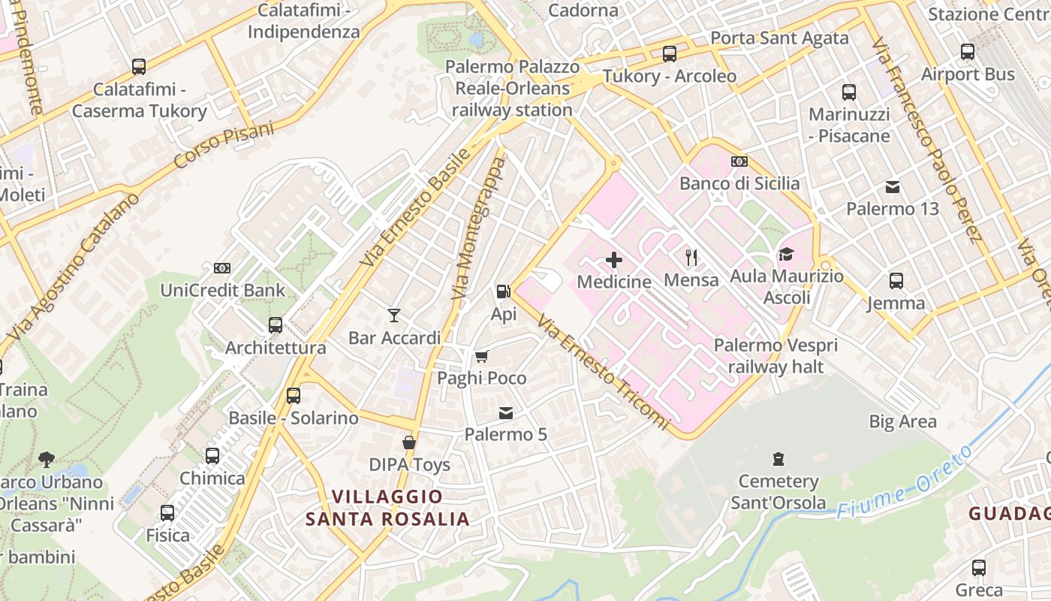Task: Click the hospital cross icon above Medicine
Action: pos(614,260)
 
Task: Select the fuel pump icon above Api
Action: pos(503,291)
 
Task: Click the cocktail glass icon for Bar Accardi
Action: pos(393,315)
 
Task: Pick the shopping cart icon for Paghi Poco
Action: pos(481,355)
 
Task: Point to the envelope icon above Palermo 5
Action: pos(506,412)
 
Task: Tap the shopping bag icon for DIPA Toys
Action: pos(409,442)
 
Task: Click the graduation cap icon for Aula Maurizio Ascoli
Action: pos(786,254)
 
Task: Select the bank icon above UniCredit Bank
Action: pos(222,267)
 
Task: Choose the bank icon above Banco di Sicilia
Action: pos(739,162)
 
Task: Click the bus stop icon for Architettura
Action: pos(276,325)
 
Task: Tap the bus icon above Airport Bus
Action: pos(968,52)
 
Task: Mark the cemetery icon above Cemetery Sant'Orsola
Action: pos(778,458)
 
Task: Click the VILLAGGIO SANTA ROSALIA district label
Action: pos(387,508)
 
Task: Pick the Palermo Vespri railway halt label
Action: pos(775,356)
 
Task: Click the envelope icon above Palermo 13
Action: pos(893,186)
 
